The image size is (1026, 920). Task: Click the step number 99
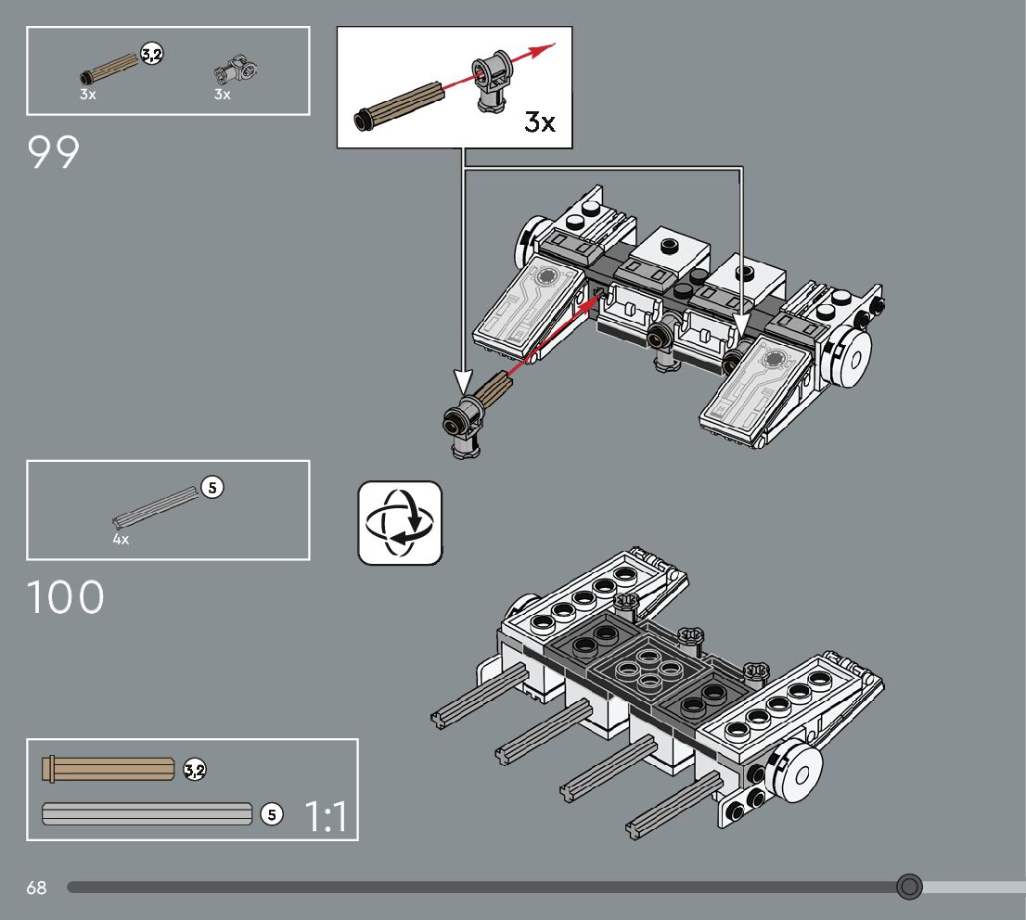point(54,153)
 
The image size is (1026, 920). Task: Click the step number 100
point(65,598)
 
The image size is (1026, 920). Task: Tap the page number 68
point(36,888)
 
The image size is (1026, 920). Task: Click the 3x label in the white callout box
point(540,121)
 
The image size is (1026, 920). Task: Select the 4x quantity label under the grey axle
point(121,539)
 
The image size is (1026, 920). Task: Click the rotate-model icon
point(400,523)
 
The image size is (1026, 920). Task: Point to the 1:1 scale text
point(326,817)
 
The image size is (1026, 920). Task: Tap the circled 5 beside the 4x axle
point(212,486)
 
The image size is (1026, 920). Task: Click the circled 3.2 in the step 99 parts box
point(151,55)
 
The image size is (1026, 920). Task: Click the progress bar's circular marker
point(910,887)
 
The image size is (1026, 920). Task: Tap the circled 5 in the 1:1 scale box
point(271,814)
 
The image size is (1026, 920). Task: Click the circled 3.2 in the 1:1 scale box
point(195,769)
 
